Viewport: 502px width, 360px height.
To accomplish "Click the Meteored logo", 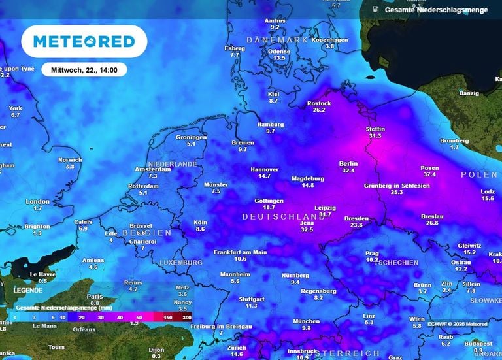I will (84, 42).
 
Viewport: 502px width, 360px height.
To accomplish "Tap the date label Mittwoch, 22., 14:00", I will (84, 69).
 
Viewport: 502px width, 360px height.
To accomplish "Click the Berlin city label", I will (348, 163).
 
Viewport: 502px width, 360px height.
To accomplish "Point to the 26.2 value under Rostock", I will (319, 110).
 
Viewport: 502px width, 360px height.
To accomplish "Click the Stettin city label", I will (375, 129).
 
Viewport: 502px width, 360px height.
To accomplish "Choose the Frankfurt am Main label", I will (240, 252).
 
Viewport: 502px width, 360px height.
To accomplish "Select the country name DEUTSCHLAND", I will (283, 216).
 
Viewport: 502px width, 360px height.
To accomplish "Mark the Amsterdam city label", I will (148, 169).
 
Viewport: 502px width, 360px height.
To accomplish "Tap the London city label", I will (37, 201).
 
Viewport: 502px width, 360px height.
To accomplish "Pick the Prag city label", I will (372, 253).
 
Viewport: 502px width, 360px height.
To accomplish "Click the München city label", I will (306, 321).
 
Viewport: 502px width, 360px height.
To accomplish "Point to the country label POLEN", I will (479, 174).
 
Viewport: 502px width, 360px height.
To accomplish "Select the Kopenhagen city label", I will (329, 39).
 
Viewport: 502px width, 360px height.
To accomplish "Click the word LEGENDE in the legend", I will (28, 289).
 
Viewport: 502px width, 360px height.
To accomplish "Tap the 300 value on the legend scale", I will (188, 316).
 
